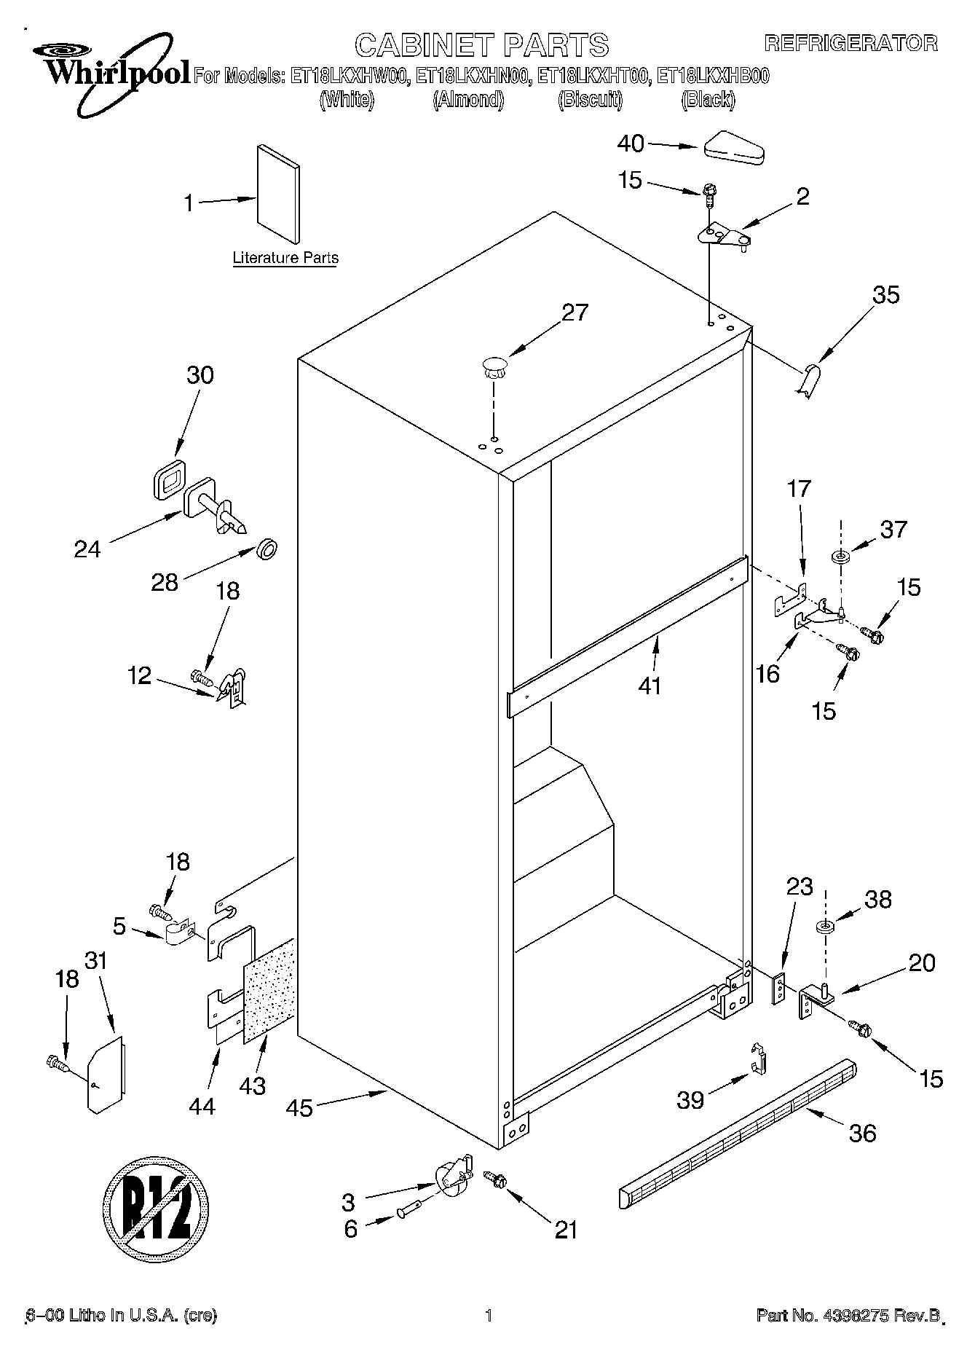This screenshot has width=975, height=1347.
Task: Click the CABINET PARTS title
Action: tap(481, 45)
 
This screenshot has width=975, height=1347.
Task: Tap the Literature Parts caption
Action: tap(285, 258)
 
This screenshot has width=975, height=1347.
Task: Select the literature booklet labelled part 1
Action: tap(277, 193)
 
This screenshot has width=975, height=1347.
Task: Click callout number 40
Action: tap(631, 144)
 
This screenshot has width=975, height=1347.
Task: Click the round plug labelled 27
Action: tap(494, 365)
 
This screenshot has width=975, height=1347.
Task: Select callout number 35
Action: tap(886, 294)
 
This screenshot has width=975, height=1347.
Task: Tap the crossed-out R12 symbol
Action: tap(156, 1211)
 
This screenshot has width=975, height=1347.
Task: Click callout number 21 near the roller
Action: tap(565, 1229)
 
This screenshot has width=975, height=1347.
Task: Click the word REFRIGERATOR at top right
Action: tap(850, 44)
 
